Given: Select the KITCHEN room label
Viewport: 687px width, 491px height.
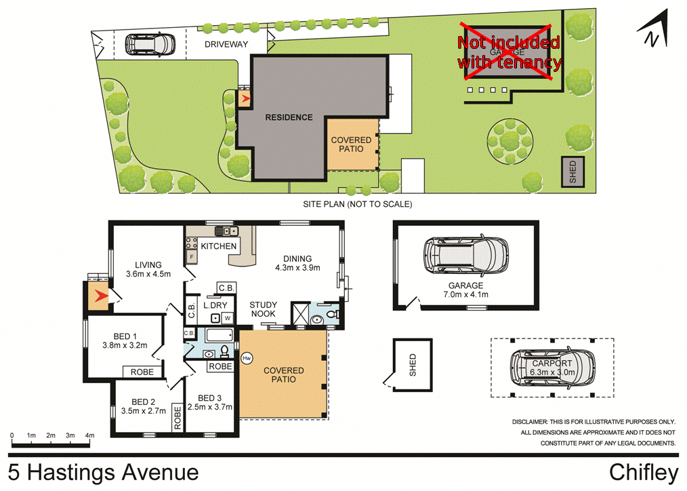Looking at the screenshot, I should tap(218, 246).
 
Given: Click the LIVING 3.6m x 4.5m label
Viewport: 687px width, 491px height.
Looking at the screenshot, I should tap(148, 269).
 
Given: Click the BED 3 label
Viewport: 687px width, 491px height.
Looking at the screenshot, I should tap(211, 398).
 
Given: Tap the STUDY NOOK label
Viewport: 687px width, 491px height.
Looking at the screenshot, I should tap(262, 309).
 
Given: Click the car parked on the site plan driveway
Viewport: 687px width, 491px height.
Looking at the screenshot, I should tap(148, 45).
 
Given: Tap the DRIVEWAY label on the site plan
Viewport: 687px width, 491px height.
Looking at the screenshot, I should tap(226, 45).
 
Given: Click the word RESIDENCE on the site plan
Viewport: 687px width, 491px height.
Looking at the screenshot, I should tap(289, 117).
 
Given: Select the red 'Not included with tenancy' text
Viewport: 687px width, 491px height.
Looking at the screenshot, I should tap(509, 52).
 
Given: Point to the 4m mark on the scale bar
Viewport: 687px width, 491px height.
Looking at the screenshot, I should tap(89, 435).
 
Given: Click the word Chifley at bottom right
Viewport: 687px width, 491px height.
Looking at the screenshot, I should tap(643, 472).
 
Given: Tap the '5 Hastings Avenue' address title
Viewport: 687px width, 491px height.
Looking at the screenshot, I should tap(104, 472).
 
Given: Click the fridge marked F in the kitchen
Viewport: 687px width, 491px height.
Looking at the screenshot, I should tap(192, 258).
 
